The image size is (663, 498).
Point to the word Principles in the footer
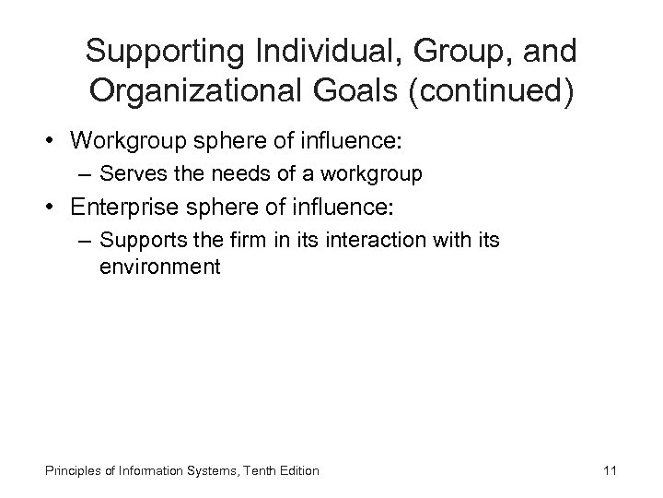tap(75, 471)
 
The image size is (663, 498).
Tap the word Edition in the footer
tap(301, 471)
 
